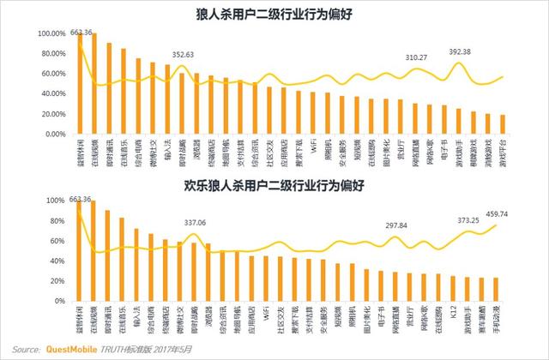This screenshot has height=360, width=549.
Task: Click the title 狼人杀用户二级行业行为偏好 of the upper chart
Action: [x=274, y=15]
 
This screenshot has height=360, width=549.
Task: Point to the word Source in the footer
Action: [x=26, y=350]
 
